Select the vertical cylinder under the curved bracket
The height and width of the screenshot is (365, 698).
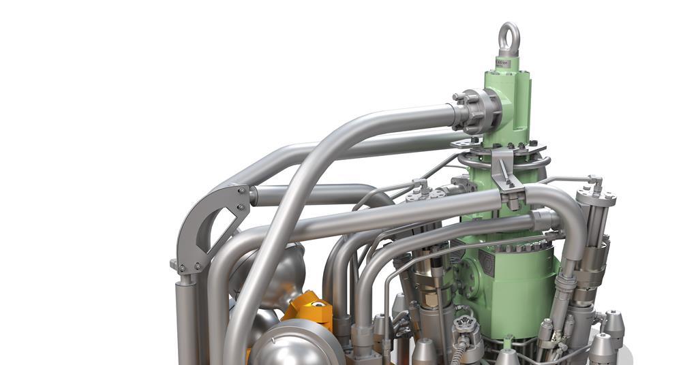pos(186,320)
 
